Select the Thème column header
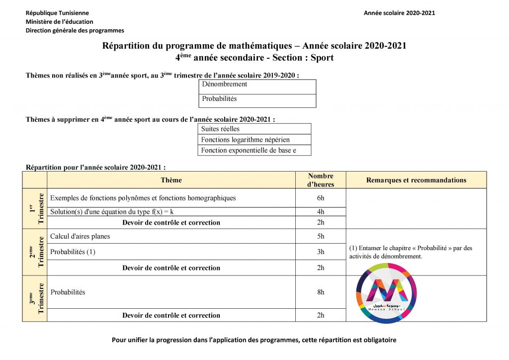tap(171, 180)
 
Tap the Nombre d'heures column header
tap(321, 180)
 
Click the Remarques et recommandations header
tap(416, 180)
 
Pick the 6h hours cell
tap(321, 198)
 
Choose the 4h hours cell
tap(321, 212)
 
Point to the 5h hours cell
tap(321, 236)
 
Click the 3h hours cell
tap(321, 252)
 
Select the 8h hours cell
tap(321, 292)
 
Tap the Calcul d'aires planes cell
tap(80, 236)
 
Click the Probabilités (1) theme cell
tap(73, 252)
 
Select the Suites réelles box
tap(254, 129)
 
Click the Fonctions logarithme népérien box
tap(254, 140)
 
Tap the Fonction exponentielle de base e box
tap(254, 150)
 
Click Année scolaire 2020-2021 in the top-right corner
tap(399, 13)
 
